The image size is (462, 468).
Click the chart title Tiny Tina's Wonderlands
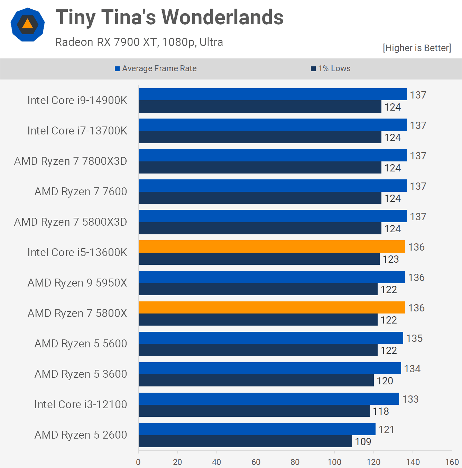click(169, 17)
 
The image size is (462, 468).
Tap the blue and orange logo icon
click(28, 25)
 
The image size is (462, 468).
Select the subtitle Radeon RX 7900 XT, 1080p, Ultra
click(139, 42)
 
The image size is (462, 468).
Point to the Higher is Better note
click(417, 48)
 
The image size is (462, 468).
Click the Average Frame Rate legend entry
click(156, 68)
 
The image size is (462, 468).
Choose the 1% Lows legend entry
click(331, 68)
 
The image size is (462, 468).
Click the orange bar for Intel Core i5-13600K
click(271, 246)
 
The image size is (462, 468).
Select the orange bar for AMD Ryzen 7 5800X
click(271, 307)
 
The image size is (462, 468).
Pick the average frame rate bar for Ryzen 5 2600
click(257, 429)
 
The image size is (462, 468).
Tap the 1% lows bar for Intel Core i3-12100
click(254, 411)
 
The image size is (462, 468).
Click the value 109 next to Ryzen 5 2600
click(363, 442)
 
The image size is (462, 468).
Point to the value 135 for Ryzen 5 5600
click(414, 338)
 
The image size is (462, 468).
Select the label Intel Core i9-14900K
click(77, 100)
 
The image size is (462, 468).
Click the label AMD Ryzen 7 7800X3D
click(71, 161)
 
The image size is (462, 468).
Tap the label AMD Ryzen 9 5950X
click(77, 283)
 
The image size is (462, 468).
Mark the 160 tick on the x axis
click(452, 462)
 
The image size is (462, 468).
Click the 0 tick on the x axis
click(138, 462)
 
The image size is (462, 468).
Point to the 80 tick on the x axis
click(295, 462)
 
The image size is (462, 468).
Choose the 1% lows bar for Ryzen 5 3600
click(256, 380)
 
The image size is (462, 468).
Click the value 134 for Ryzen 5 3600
click(412, 369)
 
